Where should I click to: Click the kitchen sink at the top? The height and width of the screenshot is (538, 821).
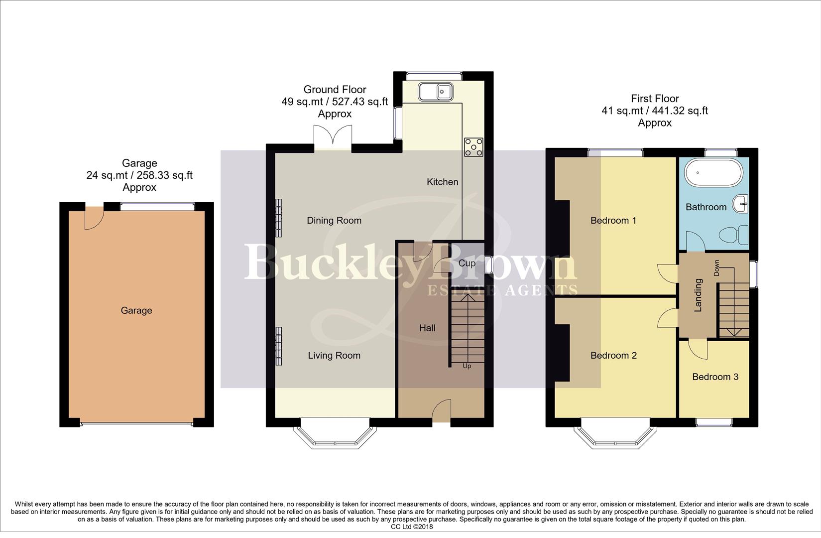(x=436, y=92)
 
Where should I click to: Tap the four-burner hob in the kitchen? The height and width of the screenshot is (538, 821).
(x=473, y=147)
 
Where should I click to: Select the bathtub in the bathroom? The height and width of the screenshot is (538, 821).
(x=713, y=173)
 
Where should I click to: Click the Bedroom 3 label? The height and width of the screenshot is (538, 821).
(x=715, y=377)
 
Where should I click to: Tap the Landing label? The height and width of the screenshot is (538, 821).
(x=698, y=295)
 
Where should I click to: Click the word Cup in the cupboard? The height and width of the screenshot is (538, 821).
(x=467, y=263)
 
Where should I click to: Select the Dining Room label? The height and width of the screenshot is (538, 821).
(x=334, y=221)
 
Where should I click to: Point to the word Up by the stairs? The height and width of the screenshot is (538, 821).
(x=467, y=366)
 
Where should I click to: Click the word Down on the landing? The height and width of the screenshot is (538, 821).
(x=717, y=268)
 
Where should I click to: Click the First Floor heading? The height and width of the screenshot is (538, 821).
(x=655, y=99)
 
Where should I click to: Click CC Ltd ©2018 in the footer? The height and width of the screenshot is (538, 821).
(x=412, y=527)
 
